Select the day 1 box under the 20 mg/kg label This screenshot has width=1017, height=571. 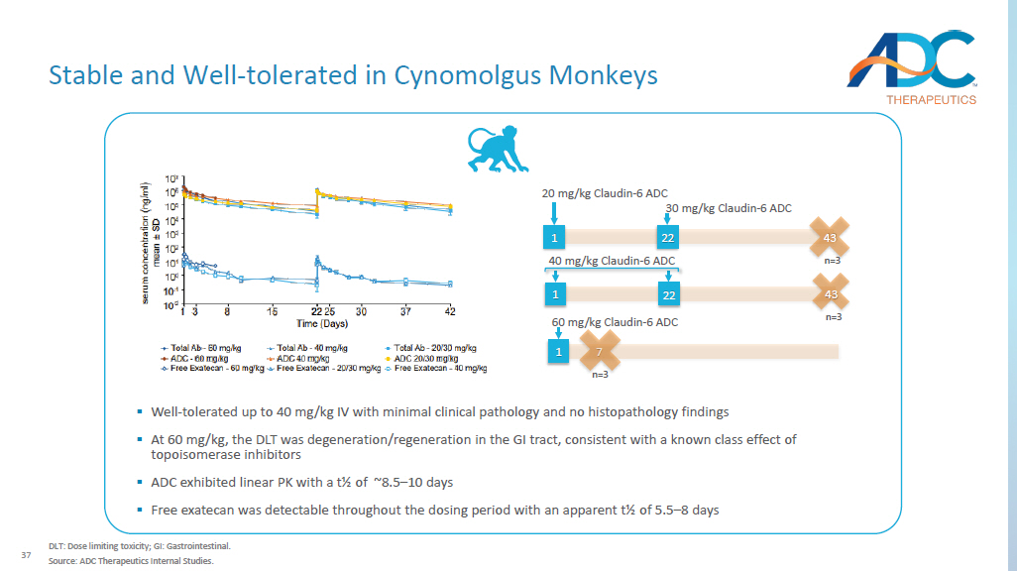pyautogui.click(x=554, y=238)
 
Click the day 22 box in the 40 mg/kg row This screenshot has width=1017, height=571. pyautogui.click(x=668, y=295)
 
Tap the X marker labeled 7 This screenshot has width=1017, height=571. pyautogui.click(x=599, y=352)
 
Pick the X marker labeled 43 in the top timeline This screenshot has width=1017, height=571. pyautogui.click(x=831, y=238)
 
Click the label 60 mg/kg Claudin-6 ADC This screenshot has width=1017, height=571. pyautogui.click(x=615, y=323)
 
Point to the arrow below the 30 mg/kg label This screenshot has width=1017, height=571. pyautogui.click(x=667, y=219)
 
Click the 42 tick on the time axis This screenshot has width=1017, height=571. pyautogui.click(x=449, y=312)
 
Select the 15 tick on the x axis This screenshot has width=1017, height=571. pyautogui.click(x=273, y=312)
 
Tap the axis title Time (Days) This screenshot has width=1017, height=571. pyautogui.click(x=322, y=324)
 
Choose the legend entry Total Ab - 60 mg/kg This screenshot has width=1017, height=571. pyautogui.click(x=192, y=348)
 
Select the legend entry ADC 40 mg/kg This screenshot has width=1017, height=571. pyautogui.click(x=304, y=358)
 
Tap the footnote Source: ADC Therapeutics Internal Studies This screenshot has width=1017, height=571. pyautogui.click(x=131, y=561)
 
